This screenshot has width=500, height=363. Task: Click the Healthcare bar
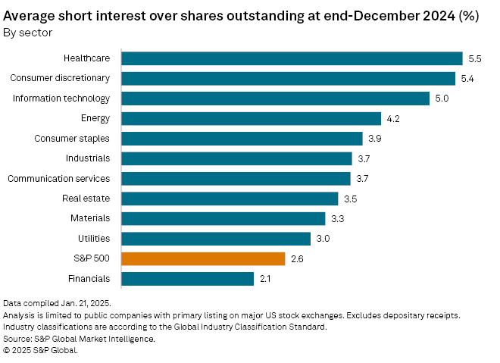(x=292, y=58)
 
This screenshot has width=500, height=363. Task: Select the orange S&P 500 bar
(x=203, y=258)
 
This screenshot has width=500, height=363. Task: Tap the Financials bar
(x=187, y=279)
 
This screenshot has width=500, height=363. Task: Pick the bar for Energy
(x=251, y=118)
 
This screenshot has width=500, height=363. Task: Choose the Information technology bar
(x=276, y=99)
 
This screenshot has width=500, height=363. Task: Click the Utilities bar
(x=216, y=239)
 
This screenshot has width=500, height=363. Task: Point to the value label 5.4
(x=468, y=79)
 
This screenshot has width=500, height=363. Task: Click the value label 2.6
(x=298, y=259)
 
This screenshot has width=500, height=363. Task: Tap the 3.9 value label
(x=375, y=139)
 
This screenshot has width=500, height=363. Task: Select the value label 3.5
(x=351, y=199)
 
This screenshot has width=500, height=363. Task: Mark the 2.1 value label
(x=266, y=279)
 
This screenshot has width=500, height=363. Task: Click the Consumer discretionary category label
(x=60, y=78)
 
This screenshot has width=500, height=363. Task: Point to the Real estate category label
(x=86, y=199)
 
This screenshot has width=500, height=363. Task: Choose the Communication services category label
(x=58, y=178)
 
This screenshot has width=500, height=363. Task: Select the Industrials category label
(x=88, y=158)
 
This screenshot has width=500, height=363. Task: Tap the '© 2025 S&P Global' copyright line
(x=41, y=350)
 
